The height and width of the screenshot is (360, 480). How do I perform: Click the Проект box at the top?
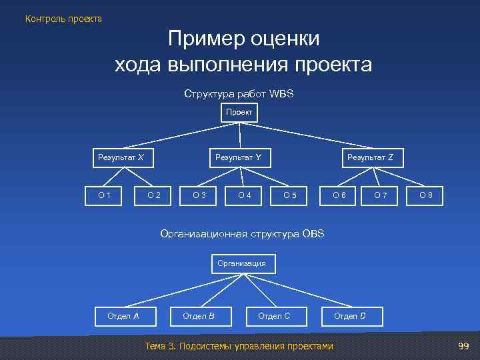(x=239, y=113)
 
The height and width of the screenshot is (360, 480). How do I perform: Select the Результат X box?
(x=121, y=157)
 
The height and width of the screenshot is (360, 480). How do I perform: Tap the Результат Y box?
(x=238, y=157)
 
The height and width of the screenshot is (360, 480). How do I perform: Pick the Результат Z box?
(x=370, y=157)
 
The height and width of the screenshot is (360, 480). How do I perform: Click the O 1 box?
(x=105, y=195)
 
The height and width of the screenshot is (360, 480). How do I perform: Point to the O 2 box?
(x=154, y=195)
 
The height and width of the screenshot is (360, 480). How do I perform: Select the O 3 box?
(x=199, y=195)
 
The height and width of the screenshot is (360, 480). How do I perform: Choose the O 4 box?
(x=245, y=195)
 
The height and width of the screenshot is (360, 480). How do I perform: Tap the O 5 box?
(x=290, y=195)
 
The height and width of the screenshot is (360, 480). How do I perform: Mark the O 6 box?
(x=339, y=195)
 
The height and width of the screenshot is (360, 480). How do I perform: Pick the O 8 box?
(x=426, y=195)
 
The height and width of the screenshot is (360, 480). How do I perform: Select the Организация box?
(x=241, y=263)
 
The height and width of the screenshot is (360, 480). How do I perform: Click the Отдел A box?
(x=123, y=315)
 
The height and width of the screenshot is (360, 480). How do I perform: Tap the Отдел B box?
(x=199, y=315)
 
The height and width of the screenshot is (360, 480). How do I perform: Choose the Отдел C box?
(x=274, y=315)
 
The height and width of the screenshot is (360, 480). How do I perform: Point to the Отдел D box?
(x=349, y=315)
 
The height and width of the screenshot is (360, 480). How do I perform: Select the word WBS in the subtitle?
(x=282, y=95)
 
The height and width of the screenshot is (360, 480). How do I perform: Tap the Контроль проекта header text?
(x=64, y=19)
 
